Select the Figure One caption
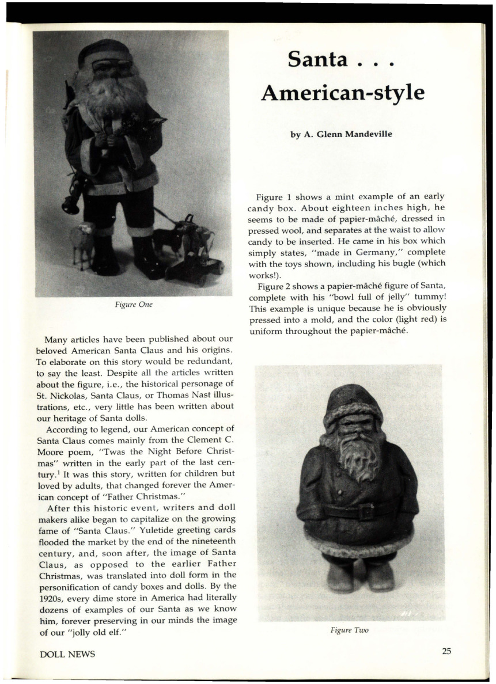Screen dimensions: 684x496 133,304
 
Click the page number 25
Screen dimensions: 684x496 447,651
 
